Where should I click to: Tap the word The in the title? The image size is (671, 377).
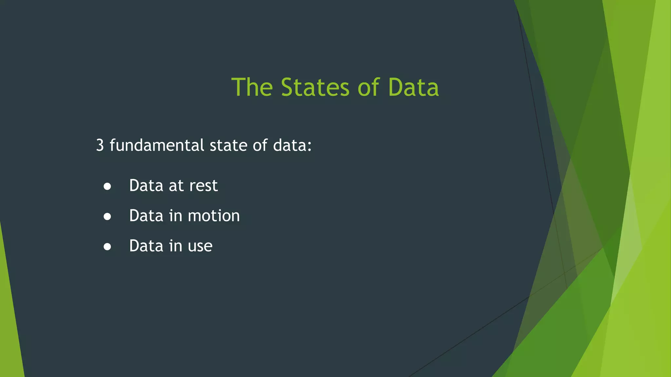click(252, 87)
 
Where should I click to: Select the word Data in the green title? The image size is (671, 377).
click(413, 87)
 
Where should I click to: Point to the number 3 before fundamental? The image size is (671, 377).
click(100, 145)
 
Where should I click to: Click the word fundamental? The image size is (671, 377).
click(157, 145)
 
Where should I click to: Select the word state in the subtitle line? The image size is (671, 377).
click(228, 145)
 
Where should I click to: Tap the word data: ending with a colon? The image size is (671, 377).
click(292, 145)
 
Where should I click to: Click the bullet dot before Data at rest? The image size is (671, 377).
click(107, 186)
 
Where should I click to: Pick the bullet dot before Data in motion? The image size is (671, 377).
click(107, 216)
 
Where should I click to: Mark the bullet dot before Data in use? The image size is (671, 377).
click(107, 246)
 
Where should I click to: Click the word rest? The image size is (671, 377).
click(203, 186)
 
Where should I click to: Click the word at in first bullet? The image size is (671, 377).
click(176, 186)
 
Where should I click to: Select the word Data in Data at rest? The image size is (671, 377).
click(146, 186)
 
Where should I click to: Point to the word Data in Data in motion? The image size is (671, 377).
click(146, 216)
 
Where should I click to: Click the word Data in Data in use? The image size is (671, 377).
click(146, 246)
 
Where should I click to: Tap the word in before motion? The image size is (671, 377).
click(176, 216)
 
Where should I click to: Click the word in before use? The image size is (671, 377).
click(176, 246)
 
